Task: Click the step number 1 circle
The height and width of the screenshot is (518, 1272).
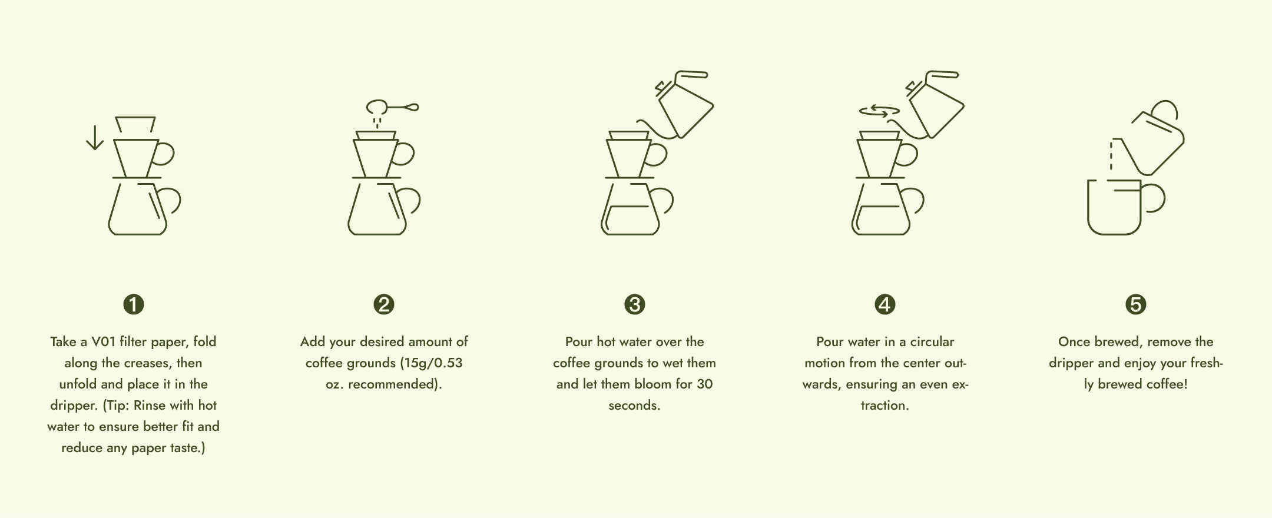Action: (x=134, y=304)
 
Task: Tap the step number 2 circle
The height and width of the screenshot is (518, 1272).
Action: (x=384, y=304)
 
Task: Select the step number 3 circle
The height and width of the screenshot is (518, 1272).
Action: (x=635, y=304)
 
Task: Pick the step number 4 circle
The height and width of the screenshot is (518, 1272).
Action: (x=885, y=304)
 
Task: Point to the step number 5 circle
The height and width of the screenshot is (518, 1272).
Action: (x=1136, y=304)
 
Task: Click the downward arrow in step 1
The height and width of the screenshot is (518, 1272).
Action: (x=94, y=137)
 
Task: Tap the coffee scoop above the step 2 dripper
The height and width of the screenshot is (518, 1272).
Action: (x=392, y=107)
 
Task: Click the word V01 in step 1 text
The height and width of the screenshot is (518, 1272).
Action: (x=104, y=341)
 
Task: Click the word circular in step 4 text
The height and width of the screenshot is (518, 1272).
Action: (x=932, y=341)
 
